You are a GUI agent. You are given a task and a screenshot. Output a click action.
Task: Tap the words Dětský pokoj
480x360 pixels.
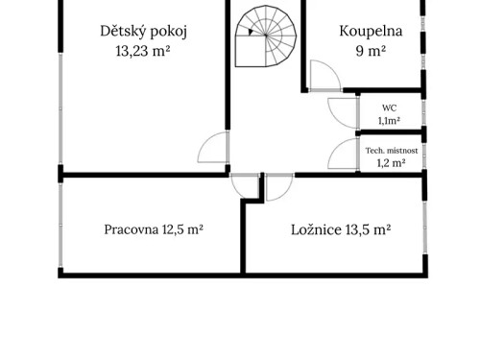point(143,31)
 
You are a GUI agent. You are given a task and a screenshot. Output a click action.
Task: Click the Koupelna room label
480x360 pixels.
point(371,31)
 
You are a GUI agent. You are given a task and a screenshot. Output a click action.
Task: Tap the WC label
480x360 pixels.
point(389,108)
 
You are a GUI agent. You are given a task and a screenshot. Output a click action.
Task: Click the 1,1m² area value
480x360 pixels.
point(389,121)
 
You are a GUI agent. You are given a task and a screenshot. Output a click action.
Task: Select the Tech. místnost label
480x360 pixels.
point(390,150)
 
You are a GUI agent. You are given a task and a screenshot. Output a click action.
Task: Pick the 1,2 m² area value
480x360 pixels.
point(390,163)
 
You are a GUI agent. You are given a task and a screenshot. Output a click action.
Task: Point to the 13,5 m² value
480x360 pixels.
point(369,229)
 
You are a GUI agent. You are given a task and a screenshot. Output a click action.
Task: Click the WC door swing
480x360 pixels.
point(341,112)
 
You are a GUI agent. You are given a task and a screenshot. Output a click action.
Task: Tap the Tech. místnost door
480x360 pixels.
point(342,156)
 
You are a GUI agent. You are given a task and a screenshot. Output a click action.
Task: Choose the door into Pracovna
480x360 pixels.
point(246,187)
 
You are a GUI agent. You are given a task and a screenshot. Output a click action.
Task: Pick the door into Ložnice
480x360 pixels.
point(278,187)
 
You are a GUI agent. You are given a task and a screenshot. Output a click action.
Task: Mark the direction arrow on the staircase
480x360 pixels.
point(249,32)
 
